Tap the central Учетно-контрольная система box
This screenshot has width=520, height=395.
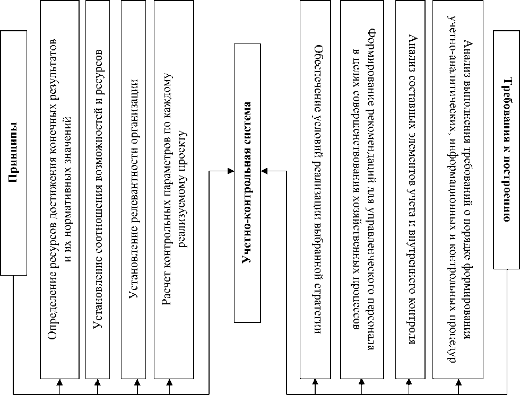[248, 183]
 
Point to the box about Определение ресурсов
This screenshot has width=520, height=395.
[59, 189]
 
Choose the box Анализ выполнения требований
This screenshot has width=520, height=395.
[458, 189]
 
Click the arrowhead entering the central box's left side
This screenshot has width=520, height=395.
[230, 171]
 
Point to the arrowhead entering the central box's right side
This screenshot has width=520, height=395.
[265, 171]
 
